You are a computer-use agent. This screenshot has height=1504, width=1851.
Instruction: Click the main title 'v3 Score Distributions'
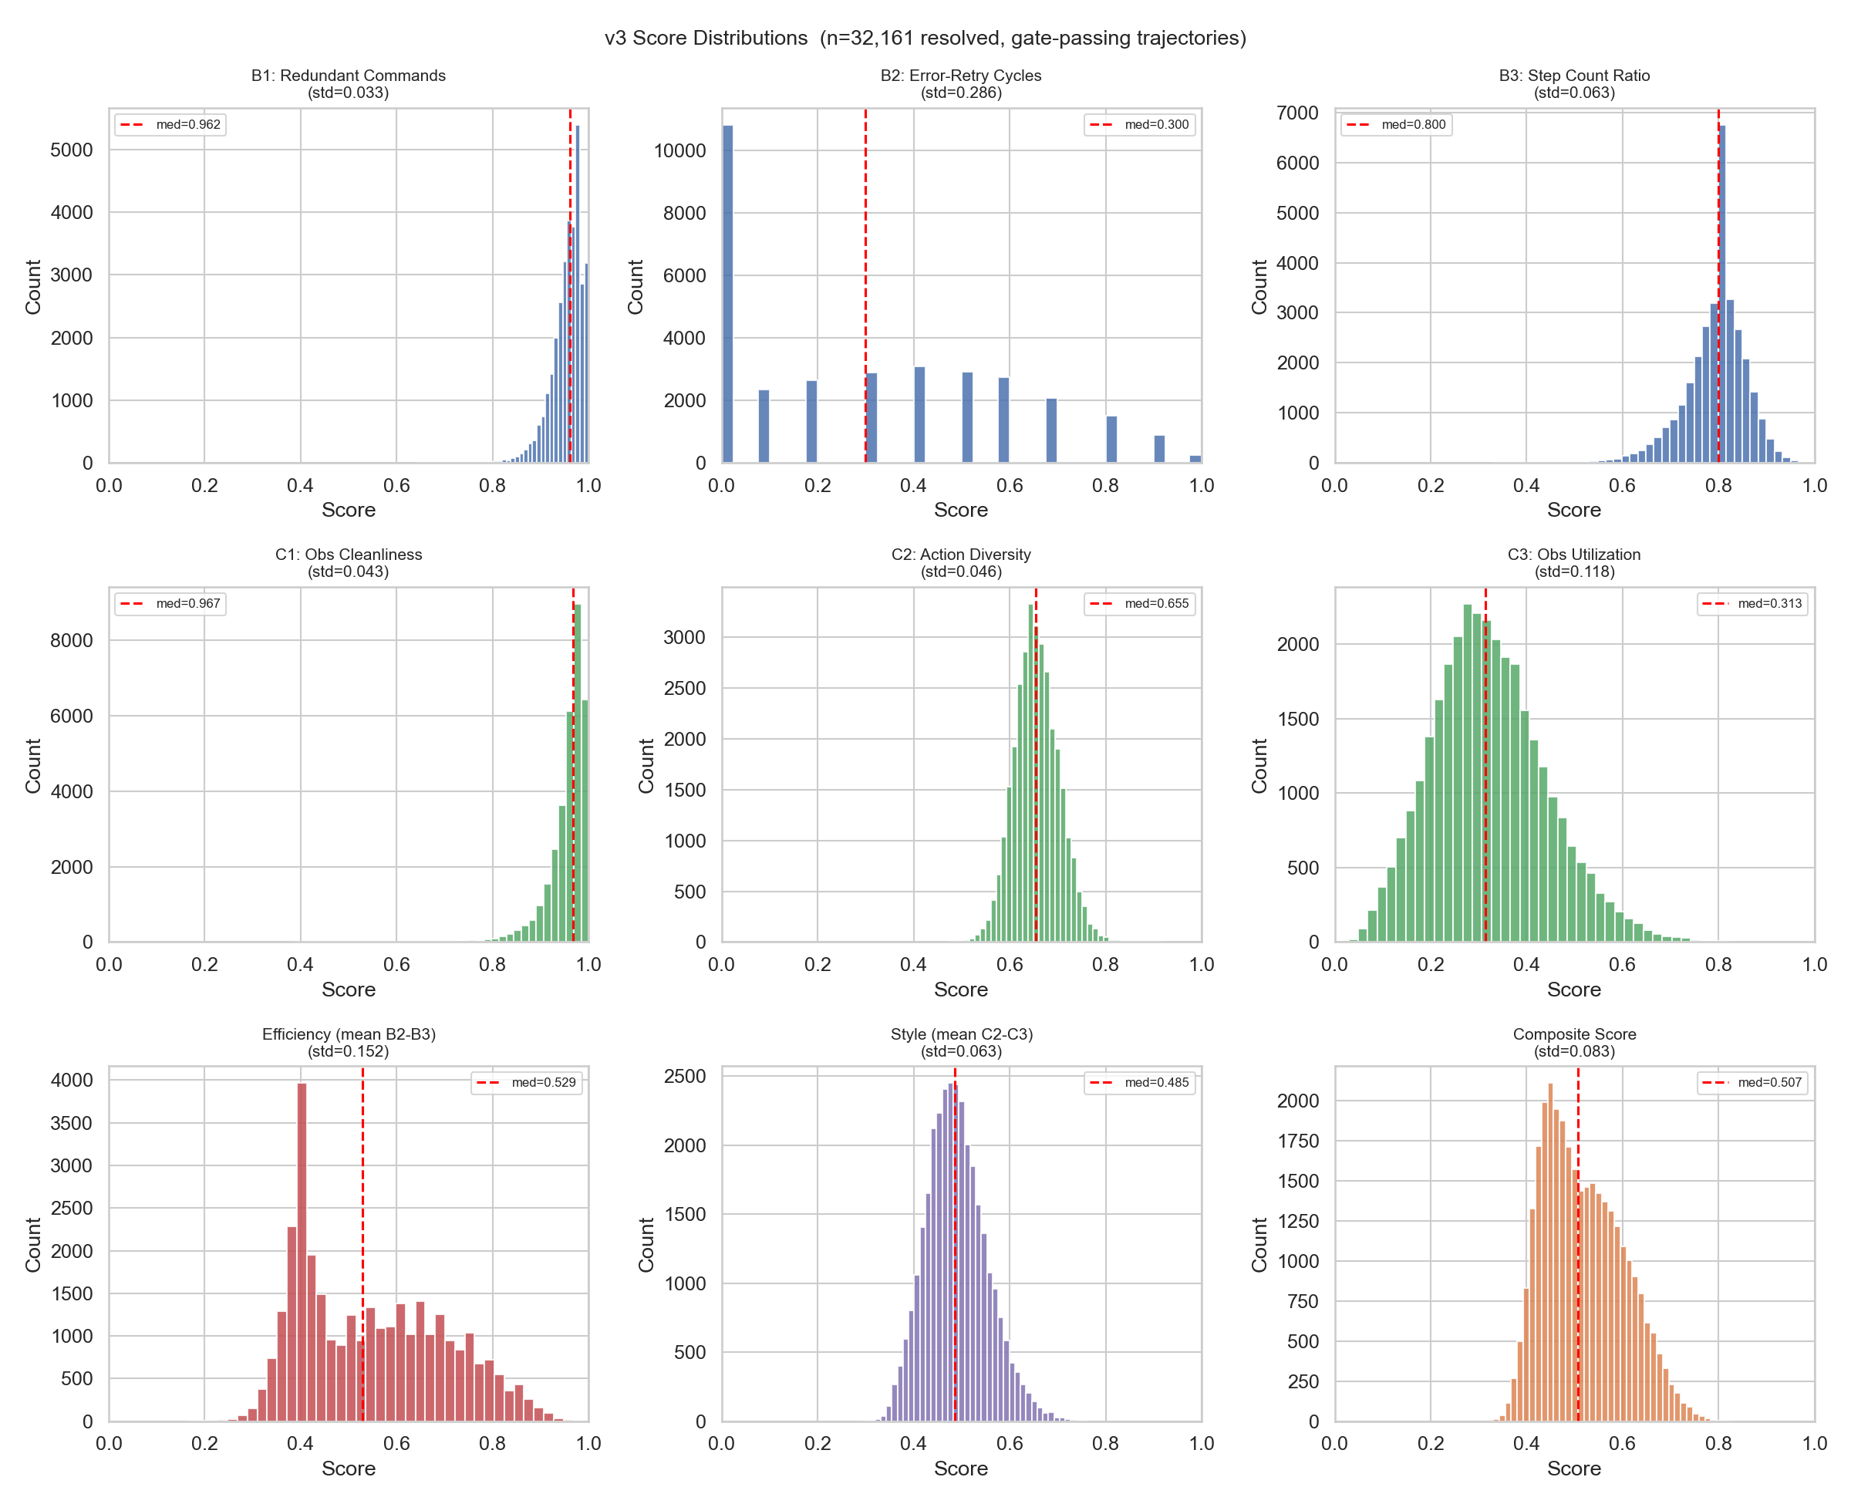[924, 38]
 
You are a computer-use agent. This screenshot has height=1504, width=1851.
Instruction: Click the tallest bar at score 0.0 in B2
[727, 295]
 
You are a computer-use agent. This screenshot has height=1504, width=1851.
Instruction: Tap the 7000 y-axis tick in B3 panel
[1296, 113]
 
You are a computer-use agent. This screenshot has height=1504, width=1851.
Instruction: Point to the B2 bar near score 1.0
[1195, 459]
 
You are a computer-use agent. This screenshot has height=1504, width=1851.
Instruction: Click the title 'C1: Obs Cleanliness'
[348, 555]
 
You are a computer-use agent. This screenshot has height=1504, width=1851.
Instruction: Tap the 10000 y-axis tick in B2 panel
[680, 150]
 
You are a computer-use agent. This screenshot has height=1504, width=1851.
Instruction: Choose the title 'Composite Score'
[1574, 1034]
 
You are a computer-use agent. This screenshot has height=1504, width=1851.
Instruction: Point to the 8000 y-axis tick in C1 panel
[71, 641]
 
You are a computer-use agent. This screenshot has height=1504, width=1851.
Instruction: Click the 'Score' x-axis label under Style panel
[960, 1469]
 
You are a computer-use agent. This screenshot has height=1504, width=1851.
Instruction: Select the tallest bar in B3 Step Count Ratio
[1722, 295]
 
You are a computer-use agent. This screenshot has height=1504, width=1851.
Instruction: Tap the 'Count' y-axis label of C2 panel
[646, 766]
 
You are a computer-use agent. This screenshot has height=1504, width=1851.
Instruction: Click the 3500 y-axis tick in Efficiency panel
[71, 1124]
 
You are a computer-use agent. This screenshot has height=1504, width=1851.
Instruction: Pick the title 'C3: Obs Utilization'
[1574, 555]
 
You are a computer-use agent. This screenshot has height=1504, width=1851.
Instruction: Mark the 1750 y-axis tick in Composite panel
[1296, 1141]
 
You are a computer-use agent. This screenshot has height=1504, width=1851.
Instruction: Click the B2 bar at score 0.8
[1111, 440]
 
